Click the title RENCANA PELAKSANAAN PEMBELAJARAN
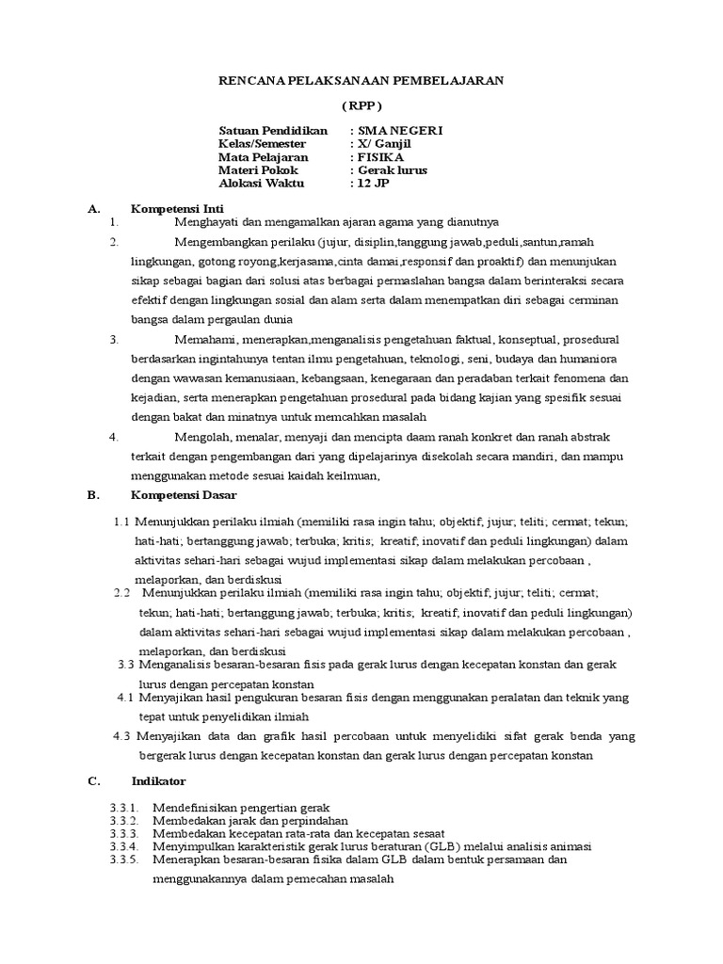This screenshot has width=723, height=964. (x=361, y=81)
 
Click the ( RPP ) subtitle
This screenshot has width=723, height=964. (x=361, y=105)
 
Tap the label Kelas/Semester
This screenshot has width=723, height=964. (x=263, y=143)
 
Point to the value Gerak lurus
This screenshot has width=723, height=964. (x=392, y=170)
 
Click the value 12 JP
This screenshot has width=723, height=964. (x=373, y=184)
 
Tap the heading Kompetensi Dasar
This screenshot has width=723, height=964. (x=184, y=494)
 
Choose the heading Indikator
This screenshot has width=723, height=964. (x=159, y=781)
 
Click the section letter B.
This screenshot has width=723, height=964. (x=91, y=494)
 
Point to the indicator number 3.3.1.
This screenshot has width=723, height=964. (x=124, y=808)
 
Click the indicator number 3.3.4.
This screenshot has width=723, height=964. (x=124, y=846)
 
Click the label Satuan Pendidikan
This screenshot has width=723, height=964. (x=273, y=130)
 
